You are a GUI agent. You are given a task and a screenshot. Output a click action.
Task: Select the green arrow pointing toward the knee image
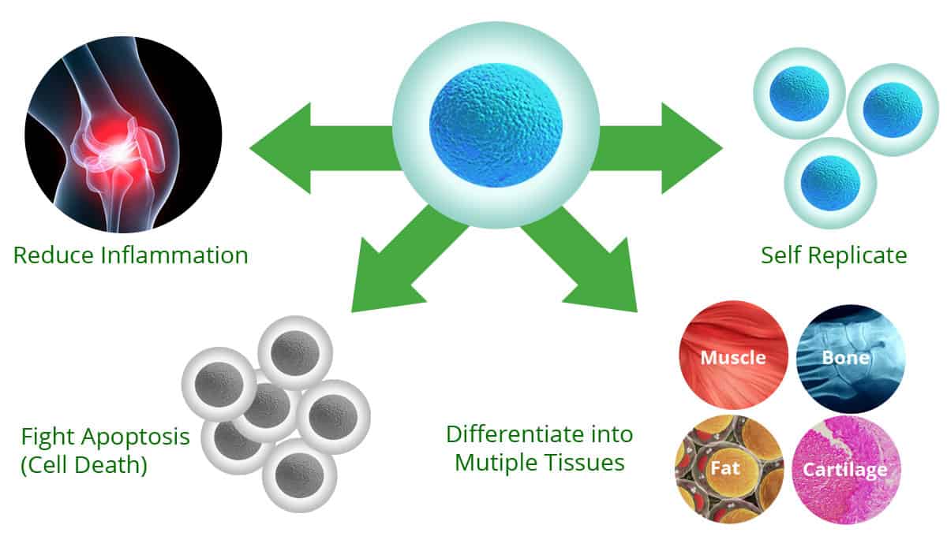click(308, 147)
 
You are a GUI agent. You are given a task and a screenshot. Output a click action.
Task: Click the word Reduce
click(49, 255)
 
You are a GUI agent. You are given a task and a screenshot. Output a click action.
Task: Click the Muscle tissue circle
click(733, 357)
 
